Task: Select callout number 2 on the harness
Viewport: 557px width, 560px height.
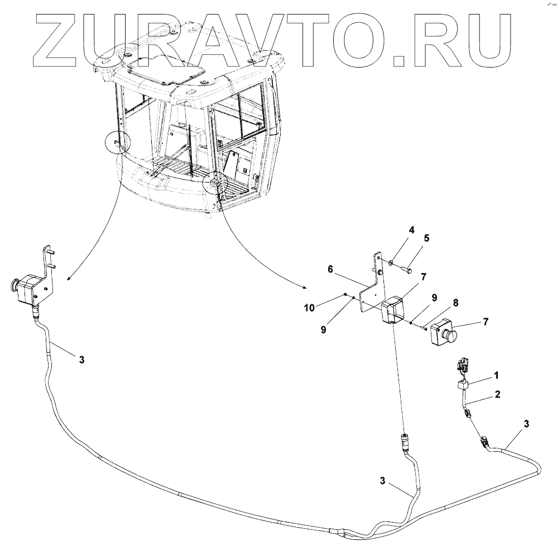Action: (x=497, y=394)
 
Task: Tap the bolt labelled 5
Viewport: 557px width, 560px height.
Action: (x=406, y=270)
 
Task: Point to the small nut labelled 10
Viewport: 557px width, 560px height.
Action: (x=347, y=296)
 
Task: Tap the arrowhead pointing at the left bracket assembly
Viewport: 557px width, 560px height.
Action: (x=68, y=276)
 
